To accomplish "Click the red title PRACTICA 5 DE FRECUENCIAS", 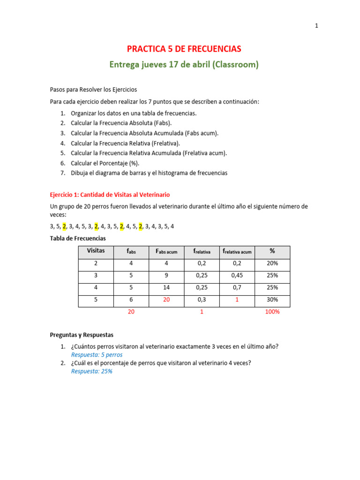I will point(184,49).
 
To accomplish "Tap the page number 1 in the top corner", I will point(316,26).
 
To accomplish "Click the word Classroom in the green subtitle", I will point(234,65).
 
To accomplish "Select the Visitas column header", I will point(96,251).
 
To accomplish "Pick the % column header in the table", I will point(272,251).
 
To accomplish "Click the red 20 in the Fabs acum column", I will point(166,300).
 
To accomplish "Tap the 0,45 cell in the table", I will point(237,276).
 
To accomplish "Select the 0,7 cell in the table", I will point(237,287).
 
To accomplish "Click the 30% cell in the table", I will point(272,300).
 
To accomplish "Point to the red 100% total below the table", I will point(272,312).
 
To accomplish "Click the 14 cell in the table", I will point(166,287).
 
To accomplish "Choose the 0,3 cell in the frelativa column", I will point(202,300).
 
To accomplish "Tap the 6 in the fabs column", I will point(131,300).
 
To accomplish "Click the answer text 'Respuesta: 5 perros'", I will point(97,355).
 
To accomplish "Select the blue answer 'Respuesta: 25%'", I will point(91,371).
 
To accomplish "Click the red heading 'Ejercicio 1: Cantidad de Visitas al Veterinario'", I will point(110,195).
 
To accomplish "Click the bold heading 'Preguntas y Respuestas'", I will point(82,335).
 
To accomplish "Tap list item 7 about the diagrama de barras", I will point(149,173).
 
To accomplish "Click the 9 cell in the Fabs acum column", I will point(166,276).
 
